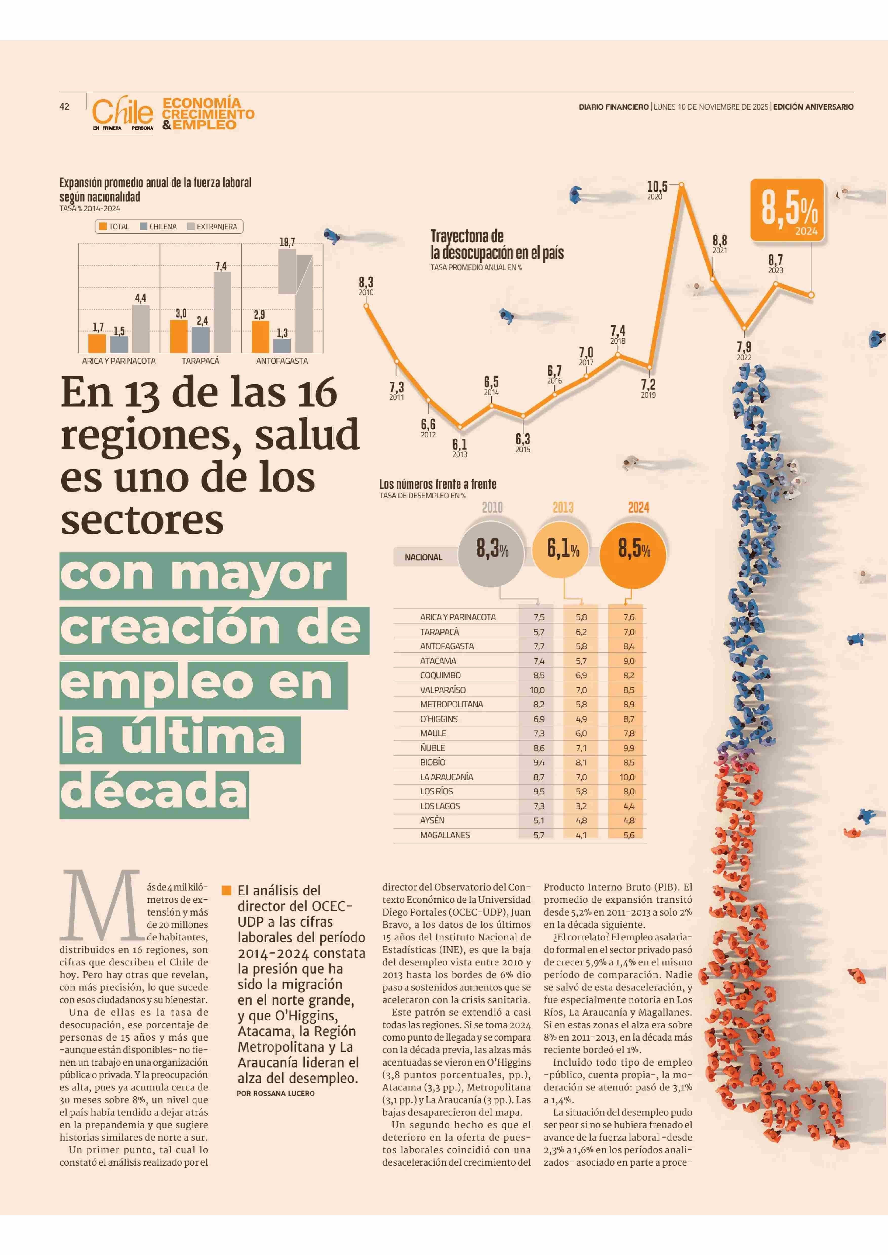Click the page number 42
(65, 107)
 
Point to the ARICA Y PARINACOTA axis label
(119, 361)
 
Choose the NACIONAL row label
(423, 557)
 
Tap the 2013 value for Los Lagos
(581, 806)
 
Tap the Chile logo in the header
(123, 112)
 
